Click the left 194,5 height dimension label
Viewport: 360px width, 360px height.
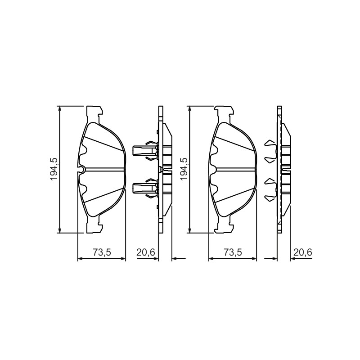(x=54, y=169)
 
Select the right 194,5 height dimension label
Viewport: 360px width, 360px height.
(x=184, y=169)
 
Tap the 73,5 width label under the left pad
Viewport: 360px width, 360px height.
(x=102, y=252)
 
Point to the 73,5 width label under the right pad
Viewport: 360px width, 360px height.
(x=233, y=252)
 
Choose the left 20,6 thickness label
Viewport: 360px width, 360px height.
(x=146, y=252)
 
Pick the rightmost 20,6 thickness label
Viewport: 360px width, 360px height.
(x=303, y=252)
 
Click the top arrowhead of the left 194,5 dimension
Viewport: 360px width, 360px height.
(x=60, y=109)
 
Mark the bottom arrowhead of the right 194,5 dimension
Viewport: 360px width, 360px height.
(x=189, y=230)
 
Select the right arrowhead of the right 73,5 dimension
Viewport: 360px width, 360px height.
(x=254, y=259)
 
